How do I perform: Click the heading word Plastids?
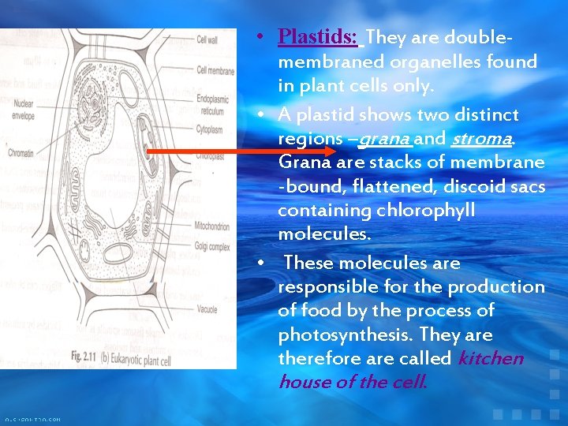tap(318, 37)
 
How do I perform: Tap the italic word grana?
tap(385, 139)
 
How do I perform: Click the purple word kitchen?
tap(490, 358)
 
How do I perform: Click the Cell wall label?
tap(207, 39)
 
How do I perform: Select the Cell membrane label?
tap(215, 71)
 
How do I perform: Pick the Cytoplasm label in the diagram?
tap(211, 125)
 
